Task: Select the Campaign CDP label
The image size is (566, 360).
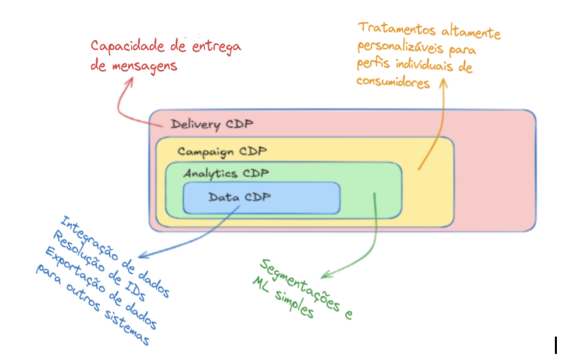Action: coord(222,151)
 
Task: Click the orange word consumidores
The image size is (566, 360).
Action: coord(393,83)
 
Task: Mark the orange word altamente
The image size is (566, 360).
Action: coord(470,32)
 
